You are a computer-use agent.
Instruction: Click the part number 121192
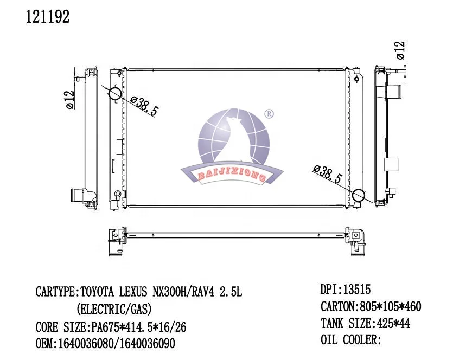click(x=48, y=17)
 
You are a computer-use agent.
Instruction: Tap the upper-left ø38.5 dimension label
click(x=144, y=106)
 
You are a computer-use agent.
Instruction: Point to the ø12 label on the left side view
click(x=70, y=100)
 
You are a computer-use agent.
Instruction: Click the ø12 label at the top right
click(x=400, y=50)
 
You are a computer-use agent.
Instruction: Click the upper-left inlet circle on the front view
click(x=114, y=93)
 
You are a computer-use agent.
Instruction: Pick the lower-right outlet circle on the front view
click(x=359, y=195)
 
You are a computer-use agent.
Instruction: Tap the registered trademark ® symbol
click(x=269, y=114)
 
